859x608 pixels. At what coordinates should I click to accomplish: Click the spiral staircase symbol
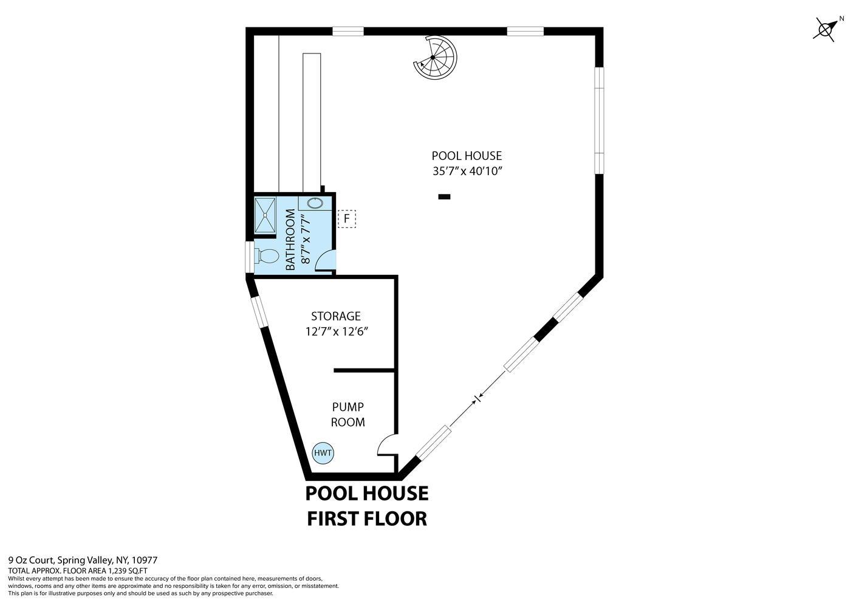(x=434, y=57)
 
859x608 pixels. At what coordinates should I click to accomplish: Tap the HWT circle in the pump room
(x=323, y=453)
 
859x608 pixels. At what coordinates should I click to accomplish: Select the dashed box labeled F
(x=347, y=218)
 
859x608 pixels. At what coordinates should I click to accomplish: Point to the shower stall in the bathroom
(x=265, y=215)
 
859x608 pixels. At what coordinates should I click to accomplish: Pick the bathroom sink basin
(x=315, y=204)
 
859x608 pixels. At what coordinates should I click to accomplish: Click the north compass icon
(x=827, y=28)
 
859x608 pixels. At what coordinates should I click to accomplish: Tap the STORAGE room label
(x=336, y=316)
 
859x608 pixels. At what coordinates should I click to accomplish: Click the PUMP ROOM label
(x=348, y=414)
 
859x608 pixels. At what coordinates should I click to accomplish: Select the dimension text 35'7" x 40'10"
(x=467, y=171)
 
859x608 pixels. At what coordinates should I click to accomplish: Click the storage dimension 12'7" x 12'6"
(x=337, y=332)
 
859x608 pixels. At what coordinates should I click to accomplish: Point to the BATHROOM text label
(x=290, y=240)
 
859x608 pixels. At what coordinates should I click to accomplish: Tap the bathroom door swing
(x=326, y=260)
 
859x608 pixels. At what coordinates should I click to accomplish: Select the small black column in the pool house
(x=444, y=196)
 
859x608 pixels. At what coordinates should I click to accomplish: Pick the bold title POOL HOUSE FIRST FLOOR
(x=366, y=505)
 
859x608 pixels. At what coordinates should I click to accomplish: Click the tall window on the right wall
(x=599, y=119)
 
